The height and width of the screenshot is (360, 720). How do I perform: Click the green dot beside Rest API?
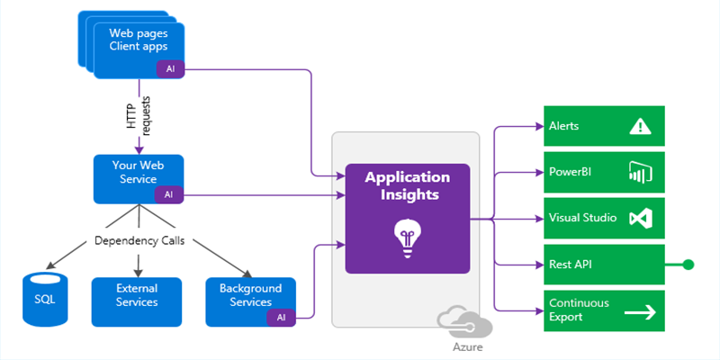[x=688, y=265]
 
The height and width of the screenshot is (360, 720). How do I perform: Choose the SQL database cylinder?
[x=44, y=299]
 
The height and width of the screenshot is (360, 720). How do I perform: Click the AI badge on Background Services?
[x=281, y=317]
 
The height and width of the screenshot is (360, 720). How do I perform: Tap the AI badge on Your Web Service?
[x=168, y=194]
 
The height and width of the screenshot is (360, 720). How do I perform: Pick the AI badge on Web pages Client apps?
[x=168, y=69]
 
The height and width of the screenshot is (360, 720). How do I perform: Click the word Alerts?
[x=564, y=127]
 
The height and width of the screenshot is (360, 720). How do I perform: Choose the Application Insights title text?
[x=407, y=184]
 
